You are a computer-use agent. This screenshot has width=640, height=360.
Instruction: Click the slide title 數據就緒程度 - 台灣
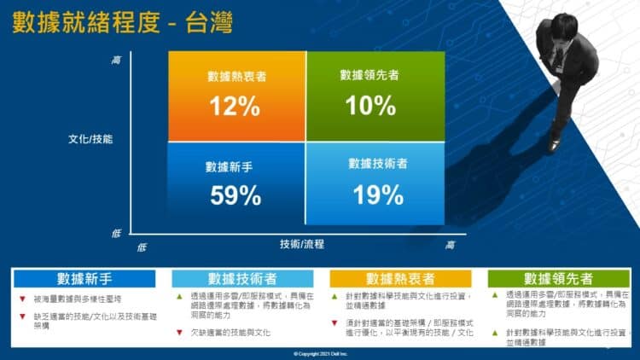[119, 23]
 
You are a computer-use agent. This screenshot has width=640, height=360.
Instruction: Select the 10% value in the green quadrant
[370, 105]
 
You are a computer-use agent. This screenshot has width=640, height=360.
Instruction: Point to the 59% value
[236, 195]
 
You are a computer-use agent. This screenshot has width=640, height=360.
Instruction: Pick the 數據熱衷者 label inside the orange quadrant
[236, 76]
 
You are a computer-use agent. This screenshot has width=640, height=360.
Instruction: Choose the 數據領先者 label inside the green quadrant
[369, 75]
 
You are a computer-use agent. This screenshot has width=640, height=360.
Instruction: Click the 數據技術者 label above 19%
[376, 162]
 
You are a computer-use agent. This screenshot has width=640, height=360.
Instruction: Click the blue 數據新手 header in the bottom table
[85, 279]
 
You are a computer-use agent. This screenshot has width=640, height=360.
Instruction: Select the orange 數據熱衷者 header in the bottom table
[400, 279]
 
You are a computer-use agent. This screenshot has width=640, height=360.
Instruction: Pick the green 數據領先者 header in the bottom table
[559, 279]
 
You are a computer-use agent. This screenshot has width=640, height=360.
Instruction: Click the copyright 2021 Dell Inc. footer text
[319, 353]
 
